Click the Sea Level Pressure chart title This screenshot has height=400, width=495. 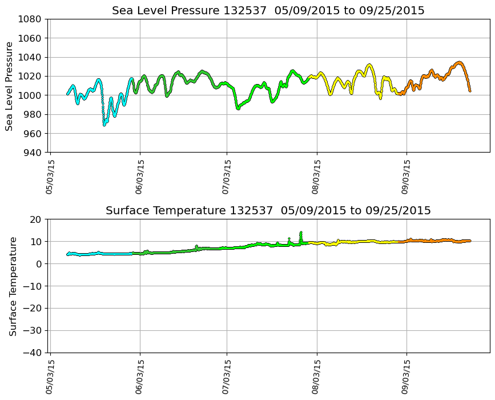pos(268,11)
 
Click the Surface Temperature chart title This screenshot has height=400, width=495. pos(268,211)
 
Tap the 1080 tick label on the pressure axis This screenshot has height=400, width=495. pos(29,19)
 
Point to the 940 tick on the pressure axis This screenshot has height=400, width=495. pos(31,153)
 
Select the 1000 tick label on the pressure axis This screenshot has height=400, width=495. pos(29,95)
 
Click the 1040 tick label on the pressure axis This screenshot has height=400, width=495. pos(29,57)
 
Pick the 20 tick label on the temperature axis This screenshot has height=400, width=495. pos(37,219)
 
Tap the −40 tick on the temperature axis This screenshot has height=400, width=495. pos(32,353)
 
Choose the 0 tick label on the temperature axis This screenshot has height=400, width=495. pos(39,264)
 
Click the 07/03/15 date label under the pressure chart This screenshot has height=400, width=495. pos(227,176)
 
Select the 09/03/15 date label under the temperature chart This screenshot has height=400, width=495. pos(407,377)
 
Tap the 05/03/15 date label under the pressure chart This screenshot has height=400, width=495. pos(50,176)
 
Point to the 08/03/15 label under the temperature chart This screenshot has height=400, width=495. pos(317,377)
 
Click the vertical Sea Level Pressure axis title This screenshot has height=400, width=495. pos(9,86)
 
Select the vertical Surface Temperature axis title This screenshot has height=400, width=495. pos(13,286)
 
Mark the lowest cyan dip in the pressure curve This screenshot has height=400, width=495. pos(104,125)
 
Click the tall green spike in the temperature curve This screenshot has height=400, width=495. pos(301,233)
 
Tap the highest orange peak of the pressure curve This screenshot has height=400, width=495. pos(459,62)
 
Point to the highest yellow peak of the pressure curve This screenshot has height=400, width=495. pos(369,65)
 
